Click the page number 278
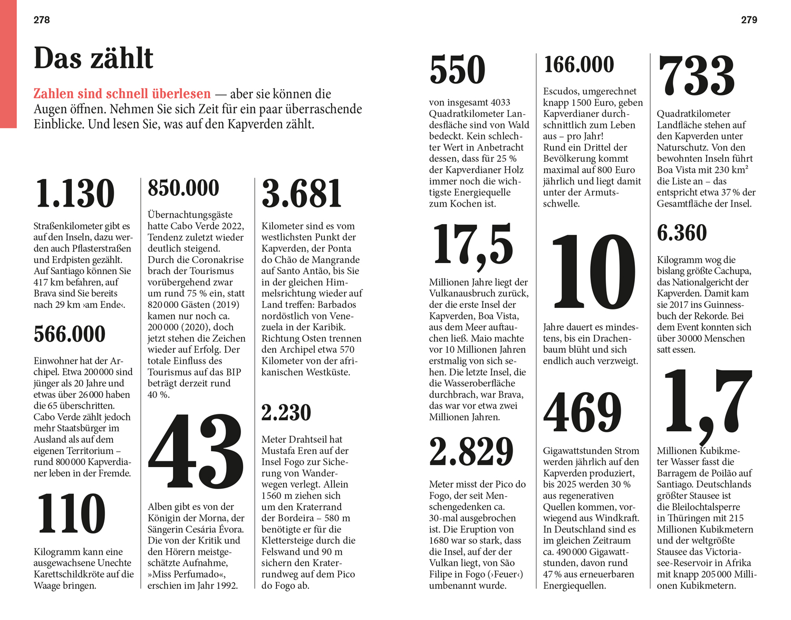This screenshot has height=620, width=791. [42, 20]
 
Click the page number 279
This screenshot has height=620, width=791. [749, 20]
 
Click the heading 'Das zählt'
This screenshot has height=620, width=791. [93, 58]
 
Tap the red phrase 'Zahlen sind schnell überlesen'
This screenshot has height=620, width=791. [122, 94]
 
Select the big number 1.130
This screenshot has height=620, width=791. [75, 193]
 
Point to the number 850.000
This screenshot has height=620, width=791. [184, 188]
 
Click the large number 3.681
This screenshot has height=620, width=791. [302, 193]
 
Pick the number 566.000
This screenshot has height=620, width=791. [70, 334]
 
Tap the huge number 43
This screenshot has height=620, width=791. [196, 452]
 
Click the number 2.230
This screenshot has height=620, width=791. [286, 413]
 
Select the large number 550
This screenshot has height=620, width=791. [457, 70]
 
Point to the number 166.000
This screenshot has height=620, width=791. [579, 65]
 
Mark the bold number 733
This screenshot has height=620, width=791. [696, 76]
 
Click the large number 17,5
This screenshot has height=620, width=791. [473, 245]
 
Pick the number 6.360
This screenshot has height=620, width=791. [682, 233]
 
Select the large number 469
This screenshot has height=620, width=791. [583, 413]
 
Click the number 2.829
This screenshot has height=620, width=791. [471, 452]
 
